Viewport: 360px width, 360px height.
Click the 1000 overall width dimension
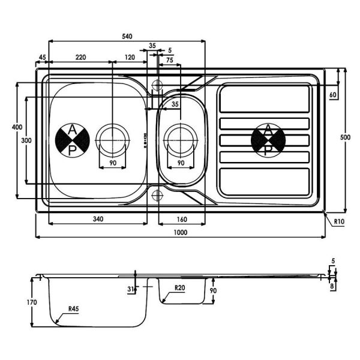pos(181,232)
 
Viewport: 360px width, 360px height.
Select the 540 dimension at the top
pos(127,36)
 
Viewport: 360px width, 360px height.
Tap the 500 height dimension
pos(345,137)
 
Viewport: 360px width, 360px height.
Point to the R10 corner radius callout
pos(339,221)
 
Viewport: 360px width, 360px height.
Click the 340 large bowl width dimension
pos(98,219)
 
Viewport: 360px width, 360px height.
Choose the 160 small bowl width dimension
pos(182,219)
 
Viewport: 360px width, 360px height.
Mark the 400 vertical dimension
pos(17,127)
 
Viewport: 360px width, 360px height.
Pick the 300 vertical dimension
pos(26,140)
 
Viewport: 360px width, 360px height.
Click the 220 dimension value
pos(81,57)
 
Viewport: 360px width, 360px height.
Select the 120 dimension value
pos(130,57)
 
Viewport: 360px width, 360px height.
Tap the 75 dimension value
pos(170,60)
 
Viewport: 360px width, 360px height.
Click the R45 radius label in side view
pos(73,309)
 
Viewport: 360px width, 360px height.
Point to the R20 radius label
pos(179,287)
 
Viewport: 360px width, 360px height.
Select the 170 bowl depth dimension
pos(32,302)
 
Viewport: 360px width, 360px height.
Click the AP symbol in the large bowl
pos(73,140)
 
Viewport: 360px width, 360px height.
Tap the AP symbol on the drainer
pos(268,140)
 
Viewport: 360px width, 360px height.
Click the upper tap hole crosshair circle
pos(157,85)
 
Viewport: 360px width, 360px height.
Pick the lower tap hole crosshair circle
pos(157,196)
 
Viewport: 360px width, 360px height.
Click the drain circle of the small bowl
pos(181,140)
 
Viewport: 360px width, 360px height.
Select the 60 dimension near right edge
pos(332,95)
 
